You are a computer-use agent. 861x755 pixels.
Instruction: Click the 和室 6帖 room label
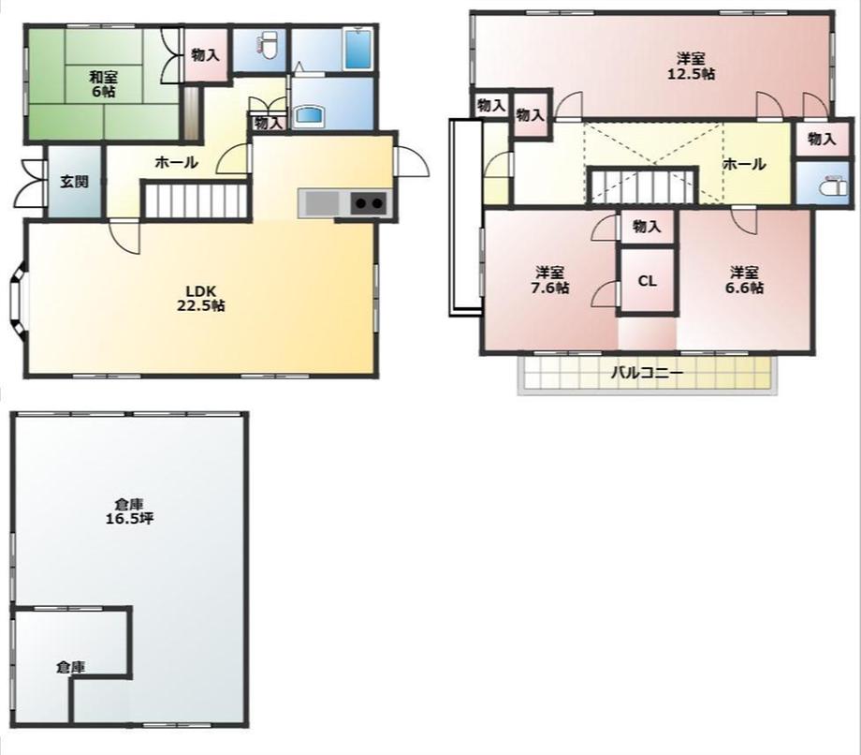coord(103,83)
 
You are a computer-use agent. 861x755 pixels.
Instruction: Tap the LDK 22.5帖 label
coord(200,298)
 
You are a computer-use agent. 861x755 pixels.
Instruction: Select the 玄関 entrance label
coord(74,182)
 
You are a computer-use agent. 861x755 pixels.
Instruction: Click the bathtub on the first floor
coord(359,49)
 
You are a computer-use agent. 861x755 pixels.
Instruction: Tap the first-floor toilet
coord(269,45)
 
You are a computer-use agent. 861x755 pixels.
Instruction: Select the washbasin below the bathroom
coord(311,115)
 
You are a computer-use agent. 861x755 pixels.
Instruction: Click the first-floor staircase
coord(195,200)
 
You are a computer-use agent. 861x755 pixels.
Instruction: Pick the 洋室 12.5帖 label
coord(691,66)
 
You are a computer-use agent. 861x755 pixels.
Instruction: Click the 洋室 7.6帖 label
coord(549,280)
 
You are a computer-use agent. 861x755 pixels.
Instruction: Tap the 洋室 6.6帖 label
coord(744,280)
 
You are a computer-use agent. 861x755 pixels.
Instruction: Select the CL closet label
coord(647,281)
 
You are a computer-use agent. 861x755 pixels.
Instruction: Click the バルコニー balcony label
coord(648,374)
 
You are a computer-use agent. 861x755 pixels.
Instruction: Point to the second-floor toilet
coord(834,185)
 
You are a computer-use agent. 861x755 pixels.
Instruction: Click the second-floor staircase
coord(642,185)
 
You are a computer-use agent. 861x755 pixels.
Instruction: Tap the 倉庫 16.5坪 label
coord(129,511)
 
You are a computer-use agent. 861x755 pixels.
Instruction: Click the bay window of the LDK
coord(18,300)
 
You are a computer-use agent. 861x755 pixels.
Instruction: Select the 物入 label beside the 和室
coord(205,54)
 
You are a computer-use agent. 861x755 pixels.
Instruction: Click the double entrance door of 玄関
coord(29,185)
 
